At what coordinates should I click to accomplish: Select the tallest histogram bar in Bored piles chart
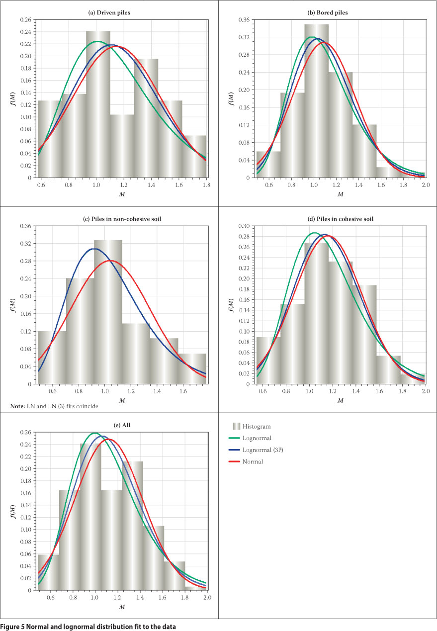point(316,99)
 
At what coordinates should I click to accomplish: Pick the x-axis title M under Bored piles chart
point(341,194)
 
